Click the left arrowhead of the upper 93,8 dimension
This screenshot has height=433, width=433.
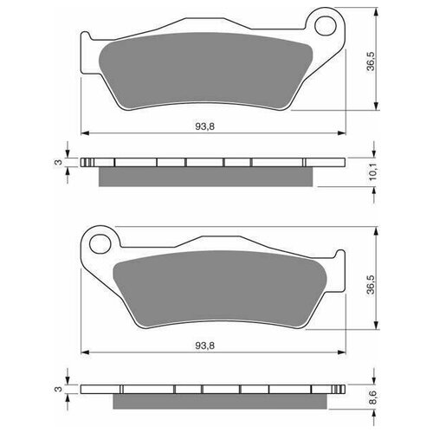coord(85,133)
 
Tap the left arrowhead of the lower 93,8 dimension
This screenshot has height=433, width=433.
coord(85,353)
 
